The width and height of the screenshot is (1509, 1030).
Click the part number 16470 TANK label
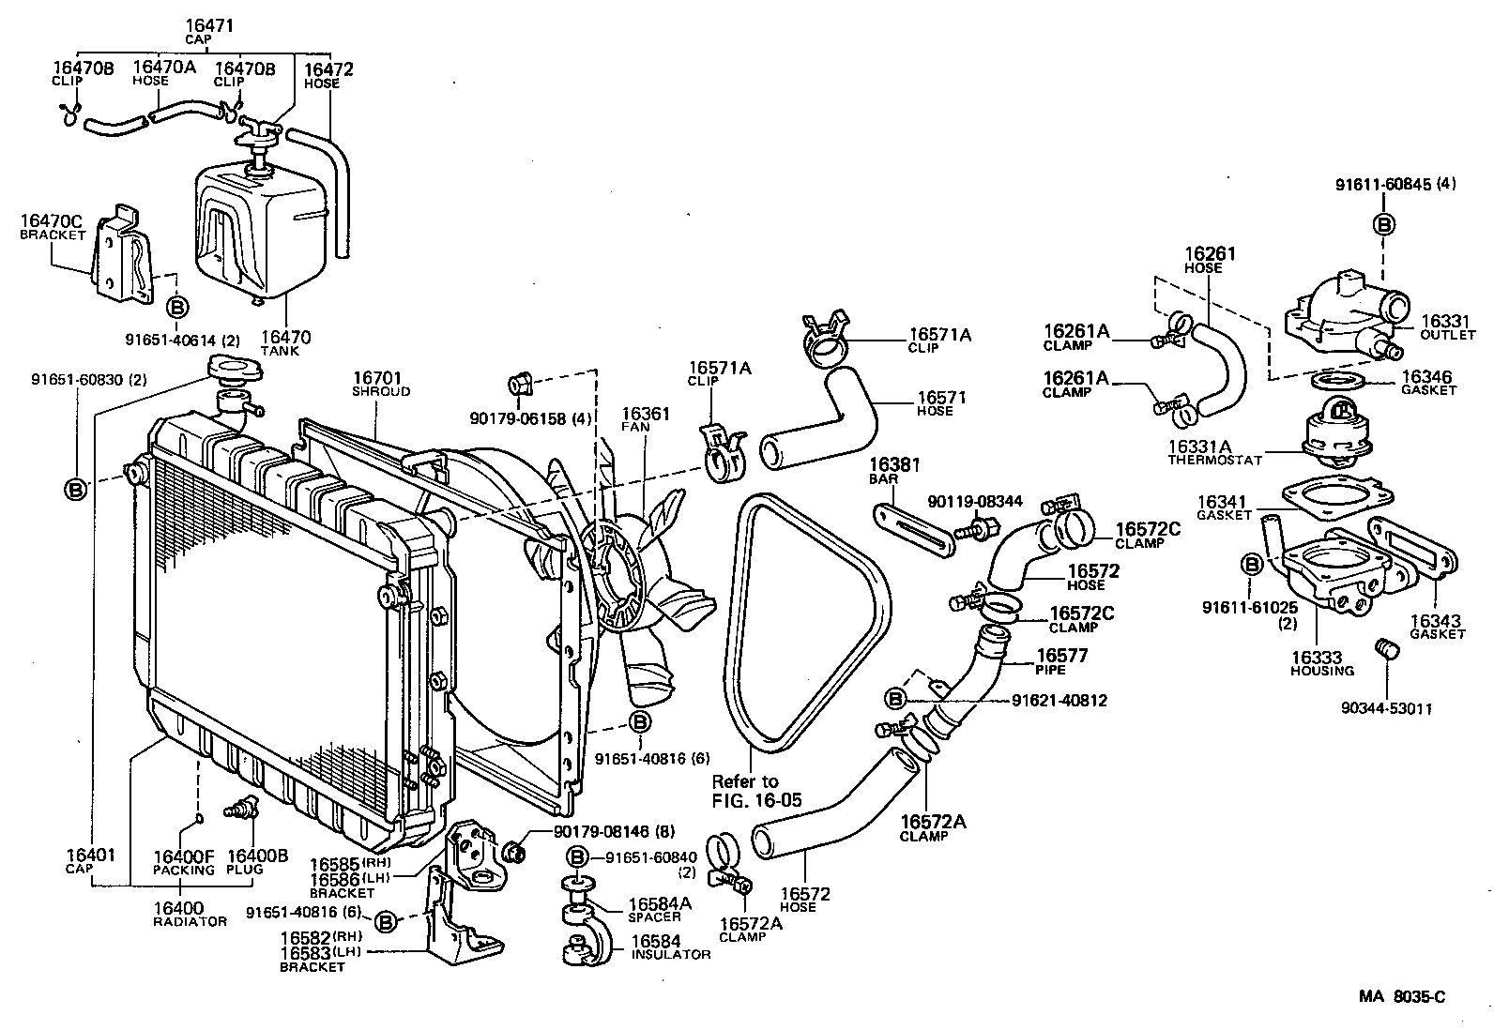[285, 342]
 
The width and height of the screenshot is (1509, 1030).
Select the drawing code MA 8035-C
[1401, 997]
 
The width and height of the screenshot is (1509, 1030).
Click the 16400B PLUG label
[258, 860]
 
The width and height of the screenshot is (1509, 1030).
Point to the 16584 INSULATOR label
[669, 947]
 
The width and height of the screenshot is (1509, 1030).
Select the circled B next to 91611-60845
[1383, 223]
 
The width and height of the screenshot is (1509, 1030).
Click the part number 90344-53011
[1386, 708]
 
